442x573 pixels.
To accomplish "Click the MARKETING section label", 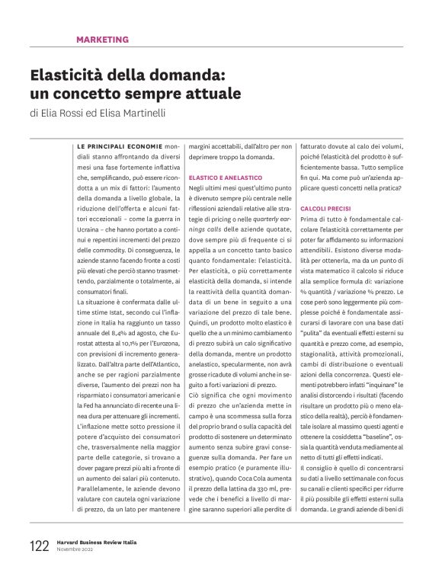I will (102, 40).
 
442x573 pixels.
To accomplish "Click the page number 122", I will (39, 546).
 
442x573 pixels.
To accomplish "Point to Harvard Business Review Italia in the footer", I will (100, 543).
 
